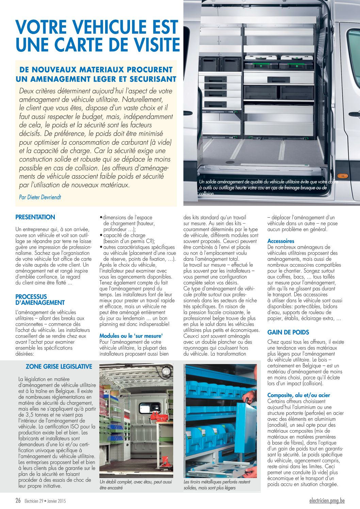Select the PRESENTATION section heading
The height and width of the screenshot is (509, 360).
pyautogui.click(x=35, y=217)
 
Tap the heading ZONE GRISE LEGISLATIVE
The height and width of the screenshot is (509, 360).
pyautogui.click(x=59, y=366)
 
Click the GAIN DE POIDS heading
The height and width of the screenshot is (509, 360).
pyautogui.click(x=288, y=332)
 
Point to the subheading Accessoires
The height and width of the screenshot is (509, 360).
pyautogui.click(x=281, y=241)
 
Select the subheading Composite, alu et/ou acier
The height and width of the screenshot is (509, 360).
pyautogui.click(x=298, y=395)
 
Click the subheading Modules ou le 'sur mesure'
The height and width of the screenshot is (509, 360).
pyautogui.click(x=131, y=336)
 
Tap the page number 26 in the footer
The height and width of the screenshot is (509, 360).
pyautogui.click(x=18, y=500)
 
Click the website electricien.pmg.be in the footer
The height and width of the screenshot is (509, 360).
pyautogui.click(x=327, y=500)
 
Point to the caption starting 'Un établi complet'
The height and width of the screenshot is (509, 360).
pyautogui.click(x=135, y=485)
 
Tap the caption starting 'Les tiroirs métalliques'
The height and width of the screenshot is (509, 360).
pyautogui.click(x=217, y=485)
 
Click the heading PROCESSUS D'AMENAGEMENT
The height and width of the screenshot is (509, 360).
pyautogui.click(x=40, y=299)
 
